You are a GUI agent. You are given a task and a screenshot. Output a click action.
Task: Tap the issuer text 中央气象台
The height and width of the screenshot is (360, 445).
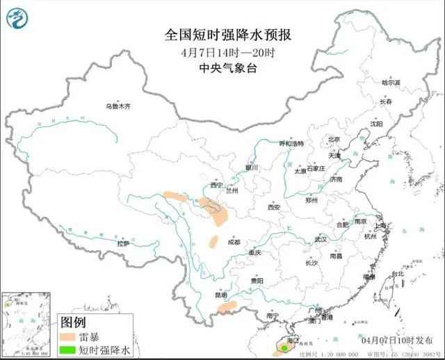coord(222,68)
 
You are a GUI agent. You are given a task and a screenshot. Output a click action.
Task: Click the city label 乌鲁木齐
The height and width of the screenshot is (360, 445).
coord(118,106)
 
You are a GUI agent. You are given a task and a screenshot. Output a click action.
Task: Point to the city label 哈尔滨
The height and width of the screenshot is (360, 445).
coord(391,82)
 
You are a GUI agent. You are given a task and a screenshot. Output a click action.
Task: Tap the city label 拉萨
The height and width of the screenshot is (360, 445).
coord(123,244)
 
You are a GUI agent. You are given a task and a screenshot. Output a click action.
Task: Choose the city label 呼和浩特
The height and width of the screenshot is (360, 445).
coord(291,144)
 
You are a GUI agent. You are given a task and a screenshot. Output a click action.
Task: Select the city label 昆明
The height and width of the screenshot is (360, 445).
coord(221,295)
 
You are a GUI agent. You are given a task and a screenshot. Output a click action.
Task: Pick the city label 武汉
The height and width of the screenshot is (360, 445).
coord(321,238)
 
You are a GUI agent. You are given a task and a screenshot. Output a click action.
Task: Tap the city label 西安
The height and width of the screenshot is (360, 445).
coord(273,207)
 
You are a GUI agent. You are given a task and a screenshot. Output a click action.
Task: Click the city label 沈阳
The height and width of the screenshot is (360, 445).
coord(376,124)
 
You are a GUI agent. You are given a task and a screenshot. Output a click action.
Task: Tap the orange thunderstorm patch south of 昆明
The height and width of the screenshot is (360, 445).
coord(232,304)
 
